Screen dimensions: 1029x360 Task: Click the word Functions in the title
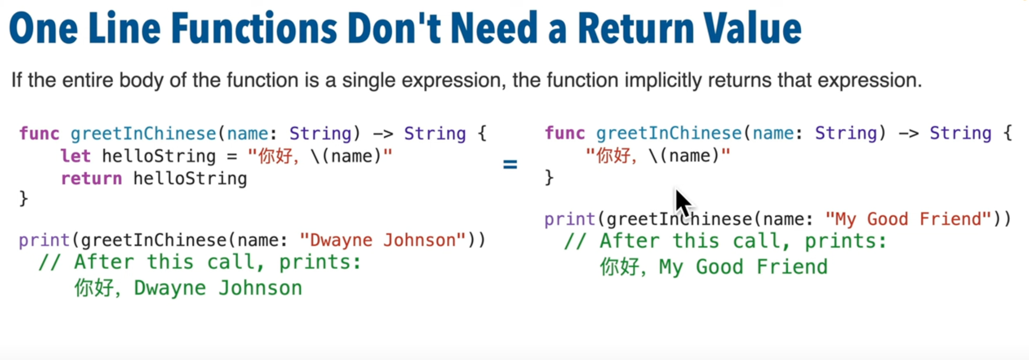click(x=254, y=28)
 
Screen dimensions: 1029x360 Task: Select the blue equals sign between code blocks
click(x=510, y=165)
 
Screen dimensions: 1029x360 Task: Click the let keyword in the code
click(x=75, y=156)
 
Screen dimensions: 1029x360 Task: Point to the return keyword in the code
click(x=91, y=179)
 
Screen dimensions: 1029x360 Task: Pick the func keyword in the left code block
click(x=39, y=134)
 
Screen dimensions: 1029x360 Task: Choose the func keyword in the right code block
click(x=565, y=133)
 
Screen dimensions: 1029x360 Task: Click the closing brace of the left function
click(x=24, y=198)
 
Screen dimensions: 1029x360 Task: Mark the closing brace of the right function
click(x=549, y=177)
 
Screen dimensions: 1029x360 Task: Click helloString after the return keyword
click(x=190, y=179)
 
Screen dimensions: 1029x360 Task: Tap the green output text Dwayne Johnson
click(x=218, y=288)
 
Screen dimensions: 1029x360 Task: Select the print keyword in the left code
click(x=44, y=241)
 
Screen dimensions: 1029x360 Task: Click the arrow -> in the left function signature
click(x=383, y=134)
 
